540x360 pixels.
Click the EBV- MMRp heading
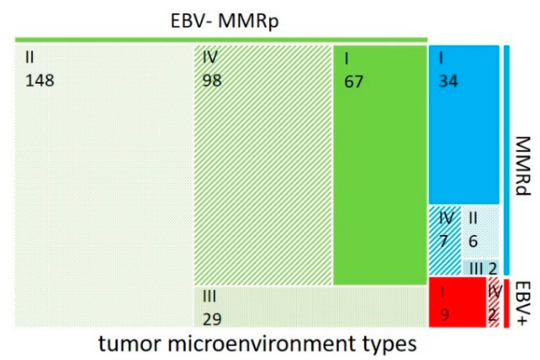[x=225, y=21]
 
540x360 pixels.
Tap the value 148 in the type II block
[x=40, y=80]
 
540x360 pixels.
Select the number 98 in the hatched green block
[x=212, y=80]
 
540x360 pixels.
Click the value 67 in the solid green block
[x=354, y=81]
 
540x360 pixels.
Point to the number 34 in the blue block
[x=448, y=81]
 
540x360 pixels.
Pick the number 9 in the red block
[x=444, y=315]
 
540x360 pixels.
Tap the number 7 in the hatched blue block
[x=444, y=241]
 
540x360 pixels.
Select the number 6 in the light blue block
[x=473, y=241]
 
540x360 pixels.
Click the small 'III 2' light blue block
[x=480, y=267]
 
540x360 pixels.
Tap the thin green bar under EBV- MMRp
[x=221, y=40]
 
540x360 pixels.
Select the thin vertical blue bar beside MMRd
[x=506, y=160]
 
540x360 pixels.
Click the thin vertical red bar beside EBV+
[x=506, y=304]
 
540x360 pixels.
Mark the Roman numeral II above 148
[x=29, y=57]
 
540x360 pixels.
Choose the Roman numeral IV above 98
[x=210, y=57]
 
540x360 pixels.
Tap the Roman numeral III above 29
[x=209, y=296]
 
